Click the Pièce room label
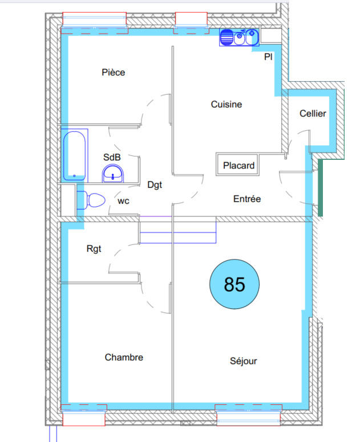113,73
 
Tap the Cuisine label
226,105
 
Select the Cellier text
313,114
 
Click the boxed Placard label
238,166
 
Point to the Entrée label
246,199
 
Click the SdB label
112,157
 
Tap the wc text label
123,201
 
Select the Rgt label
94,248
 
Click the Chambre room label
124,357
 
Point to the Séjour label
244,361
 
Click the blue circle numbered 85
234,284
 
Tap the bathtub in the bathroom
75,156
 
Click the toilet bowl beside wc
92,200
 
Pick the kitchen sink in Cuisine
239,38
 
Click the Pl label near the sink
268,57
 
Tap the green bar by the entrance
320,188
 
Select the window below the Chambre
83,415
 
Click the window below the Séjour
248,415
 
